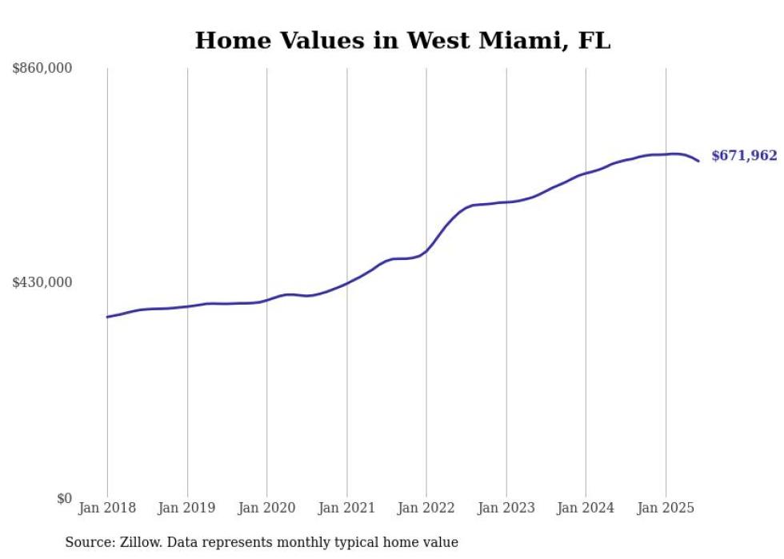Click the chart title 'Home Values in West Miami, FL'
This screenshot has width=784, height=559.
click(x=402, y=40)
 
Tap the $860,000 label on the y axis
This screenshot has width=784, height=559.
click(x=42, y=69)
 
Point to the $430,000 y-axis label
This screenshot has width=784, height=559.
click(x=42, y=282)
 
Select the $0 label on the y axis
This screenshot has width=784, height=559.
click(x=64, y=498)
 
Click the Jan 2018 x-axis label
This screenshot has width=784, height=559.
click(x=107, y=508)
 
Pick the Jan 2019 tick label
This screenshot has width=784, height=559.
click(x=187, y=508)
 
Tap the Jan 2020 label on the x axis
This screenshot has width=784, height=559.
click(x=266, y=508)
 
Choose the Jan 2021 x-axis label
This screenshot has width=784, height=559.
click(x=346, y=508)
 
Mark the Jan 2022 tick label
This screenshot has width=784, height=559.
click(x=426, y=508)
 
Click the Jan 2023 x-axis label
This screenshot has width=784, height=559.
click(x=506, y=508)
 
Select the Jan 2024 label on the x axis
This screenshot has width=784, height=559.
click(x=586, y=508)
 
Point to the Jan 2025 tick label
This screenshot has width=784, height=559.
click(x=666, y=508)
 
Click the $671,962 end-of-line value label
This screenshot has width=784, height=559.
click(x=744, y=156)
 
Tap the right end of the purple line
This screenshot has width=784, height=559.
click(x=698, y=161)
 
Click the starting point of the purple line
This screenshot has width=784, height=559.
click(x=107, y=317)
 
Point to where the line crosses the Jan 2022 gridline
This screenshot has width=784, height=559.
click(x=426, y=250)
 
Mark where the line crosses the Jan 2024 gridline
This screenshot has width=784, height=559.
click(x=586, y=174)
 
